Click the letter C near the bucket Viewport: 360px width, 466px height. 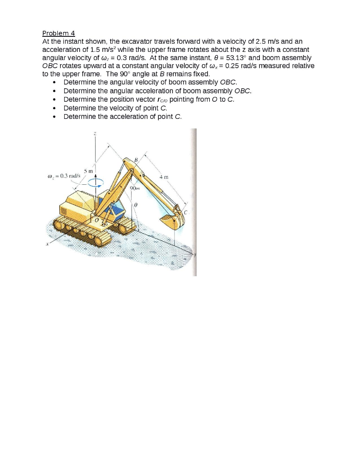pos(186,212)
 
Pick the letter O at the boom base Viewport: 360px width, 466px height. pos(96,220)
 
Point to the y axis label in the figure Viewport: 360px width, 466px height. pos(195,254)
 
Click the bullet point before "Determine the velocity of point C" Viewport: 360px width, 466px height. pos(55,108)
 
